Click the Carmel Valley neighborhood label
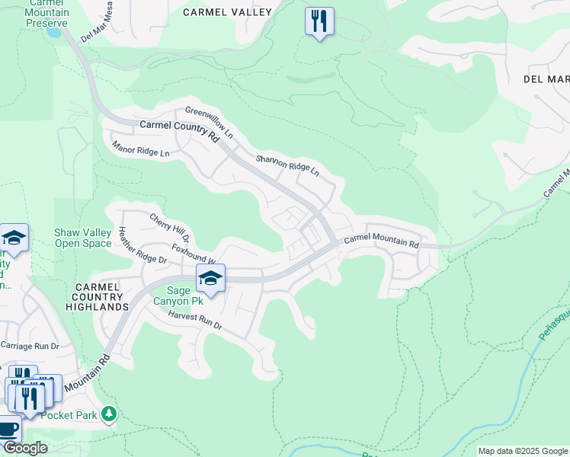(x=227, y=12)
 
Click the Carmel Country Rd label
(x=179, y=130)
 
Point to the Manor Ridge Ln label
(x=140, y=148)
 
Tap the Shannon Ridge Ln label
(x=287, y=165)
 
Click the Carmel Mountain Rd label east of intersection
(x=382, y=242)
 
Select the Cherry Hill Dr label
(x=168, y=226)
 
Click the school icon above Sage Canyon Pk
(x=211, y=279)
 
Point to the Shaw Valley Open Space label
(x=83, y=238)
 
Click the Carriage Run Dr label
(x=30, y=345)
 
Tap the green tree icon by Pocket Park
(x=110, y=414)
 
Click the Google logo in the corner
(x=24, y=448)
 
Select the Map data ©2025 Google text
(x=523, y=451)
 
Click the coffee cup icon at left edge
(x=8, y=428)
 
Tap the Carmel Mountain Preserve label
(x=48, y=13)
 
